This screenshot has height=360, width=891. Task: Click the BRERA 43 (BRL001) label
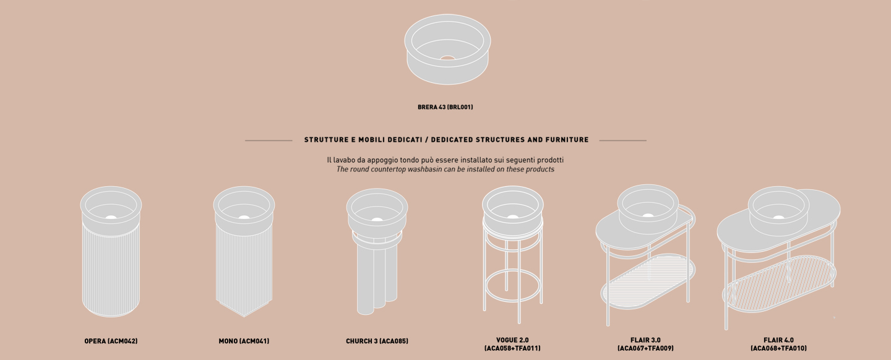[445, 107]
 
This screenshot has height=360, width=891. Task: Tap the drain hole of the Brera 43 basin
[447, 58]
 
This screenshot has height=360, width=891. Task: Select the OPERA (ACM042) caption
[111, 341]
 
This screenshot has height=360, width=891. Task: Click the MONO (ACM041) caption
[244, 341]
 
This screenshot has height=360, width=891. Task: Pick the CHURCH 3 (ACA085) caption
[377, 341]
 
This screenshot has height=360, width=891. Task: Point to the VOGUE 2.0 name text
[512, 340]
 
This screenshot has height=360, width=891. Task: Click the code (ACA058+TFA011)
[512, 348]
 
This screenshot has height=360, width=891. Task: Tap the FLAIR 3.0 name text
[645, 340]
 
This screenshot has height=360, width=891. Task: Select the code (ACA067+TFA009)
[645, 348]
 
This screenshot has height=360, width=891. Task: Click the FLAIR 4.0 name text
[778, 340]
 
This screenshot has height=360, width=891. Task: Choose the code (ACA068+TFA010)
[778, 348]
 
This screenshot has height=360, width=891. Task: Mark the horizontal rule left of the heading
[269, 140]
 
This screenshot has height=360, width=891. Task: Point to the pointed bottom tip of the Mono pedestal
[244, 316]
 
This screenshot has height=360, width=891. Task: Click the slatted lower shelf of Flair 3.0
[648, 281]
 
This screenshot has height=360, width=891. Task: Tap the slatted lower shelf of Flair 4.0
[779, 284]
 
